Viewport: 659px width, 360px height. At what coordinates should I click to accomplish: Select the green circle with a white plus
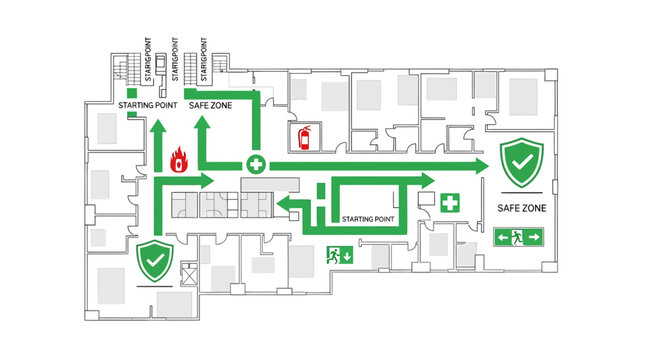(x=256, y=163)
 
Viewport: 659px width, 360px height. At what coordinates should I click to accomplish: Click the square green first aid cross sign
(x=451, y=203)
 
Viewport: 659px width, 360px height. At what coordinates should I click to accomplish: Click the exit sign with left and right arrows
(x=519, y=237)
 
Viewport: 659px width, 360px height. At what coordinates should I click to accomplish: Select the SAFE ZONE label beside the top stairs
(x=211, y=104)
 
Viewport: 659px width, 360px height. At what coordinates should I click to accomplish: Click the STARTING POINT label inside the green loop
(x=368, y=218)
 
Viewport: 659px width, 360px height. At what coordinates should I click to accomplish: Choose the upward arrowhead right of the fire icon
(x=204, y=126)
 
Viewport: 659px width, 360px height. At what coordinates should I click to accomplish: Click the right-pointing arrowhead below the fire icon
(x=205, y=181)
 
